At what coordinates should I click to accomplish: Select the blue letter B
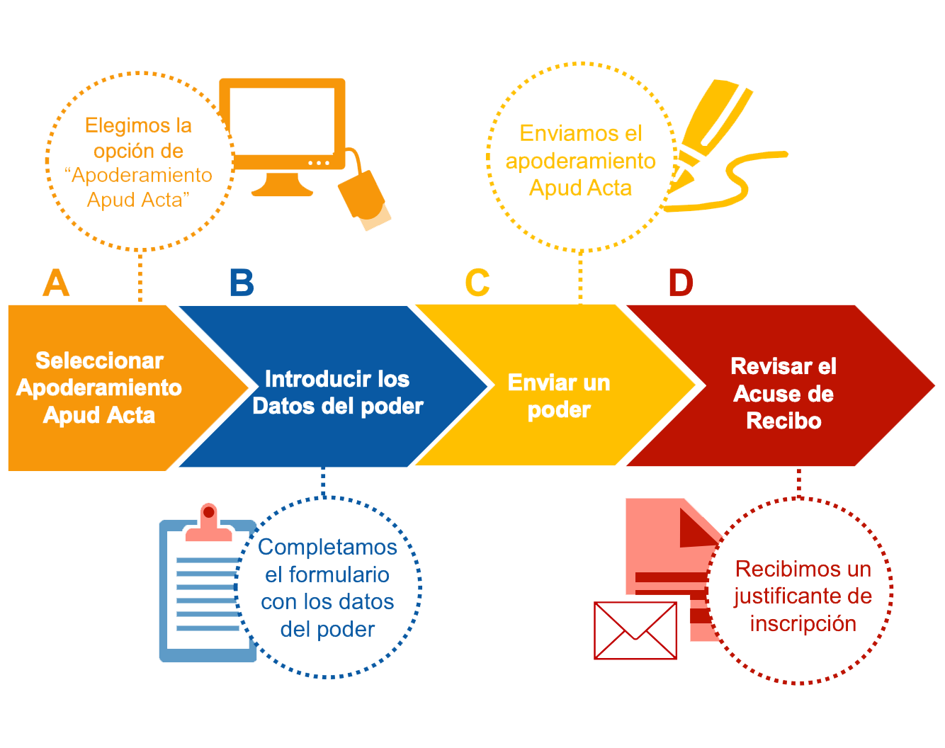point(242,283)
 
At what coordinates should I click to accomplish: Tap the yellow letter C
point(477,283)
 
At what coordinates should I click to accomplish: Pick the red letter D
point(681,283)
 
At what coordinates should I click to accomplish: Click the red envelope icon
point(635,630)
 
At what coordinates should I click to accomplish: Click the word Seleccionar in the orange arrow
point(99,361)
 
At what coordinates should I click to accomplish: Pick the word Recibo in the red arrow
point(783,421)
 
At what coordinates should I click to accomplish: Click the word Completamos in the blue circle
point(327,547)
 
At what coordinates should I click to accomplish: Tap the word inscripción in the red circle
point(803,623)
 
